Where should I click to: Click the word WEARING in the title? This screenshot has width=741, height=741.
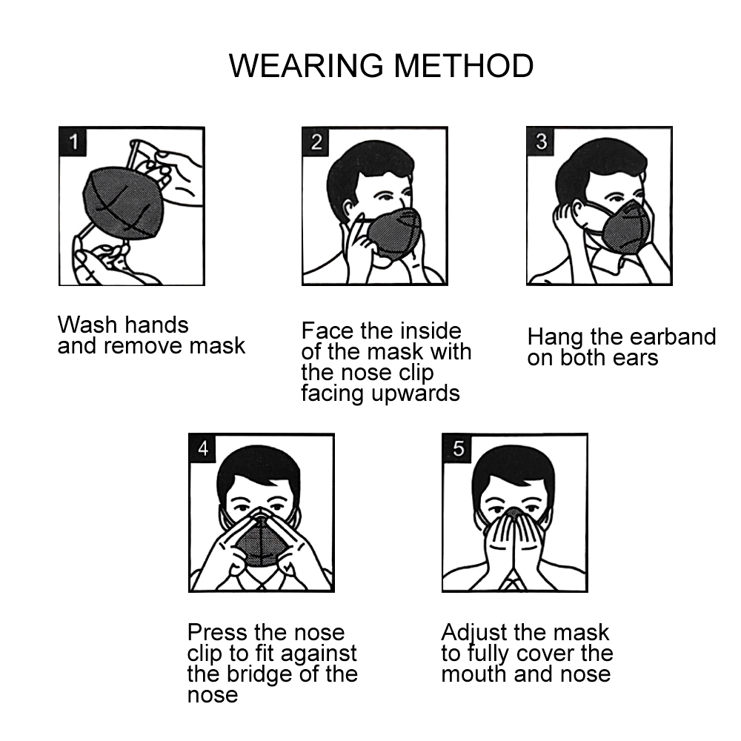(x=306, y=66)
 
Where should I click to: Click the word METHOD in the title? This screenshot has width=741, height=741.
(x=464, y=66)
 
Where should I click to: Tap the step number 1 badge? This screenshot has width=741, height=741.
(x=73, y=142)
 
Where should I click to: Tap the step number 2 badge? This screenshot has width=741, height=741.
(x=316, y=142)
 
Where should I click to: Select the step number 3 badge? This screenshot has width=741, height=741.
(x=541, y=142)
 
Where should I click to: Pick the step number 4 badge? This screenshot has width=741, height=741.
(x=203, y=448)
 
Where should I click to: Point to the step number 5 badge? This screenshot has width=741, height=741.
(x=457, y=448)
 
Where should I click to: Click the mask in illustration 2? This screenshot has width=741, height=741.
(x=393, y=233)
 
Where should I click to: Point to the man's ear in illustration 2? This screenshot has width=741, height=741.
(x=349, y=212)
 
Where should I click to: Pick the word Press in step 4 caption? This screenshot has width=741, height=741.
(x=218, y=632)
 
